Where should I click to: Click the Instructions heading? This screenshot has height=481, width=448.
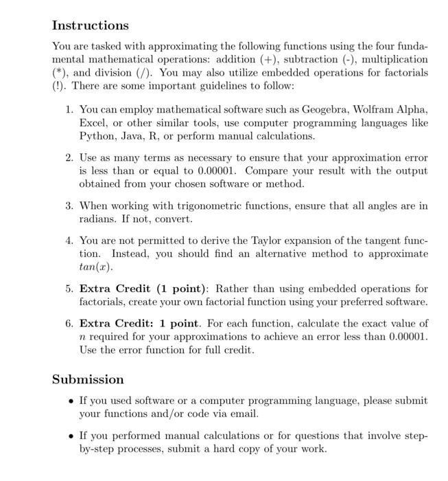(91, 25)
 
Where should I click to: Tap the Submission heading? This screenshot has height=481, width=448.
(89, 379)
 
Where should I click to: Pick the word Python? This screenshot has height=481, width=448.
(97, 136)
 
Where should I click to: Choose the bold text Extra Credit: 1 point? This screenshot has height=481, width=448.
(138, 324)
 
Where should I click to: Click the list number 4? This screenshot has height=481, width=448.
(69, 241)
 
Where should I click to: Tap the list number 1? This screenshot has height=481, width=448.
(69, 110)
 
